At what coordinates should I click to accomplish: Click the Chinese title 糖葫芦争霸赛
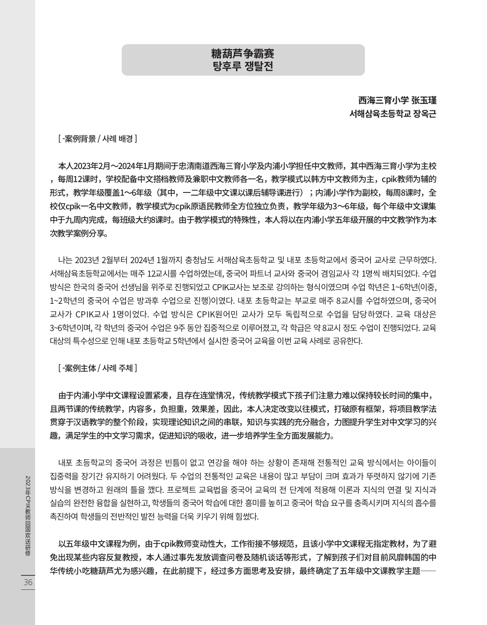tap(243, 53)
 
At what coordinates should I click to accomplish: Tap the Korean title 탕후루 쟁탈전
tap(243, 66)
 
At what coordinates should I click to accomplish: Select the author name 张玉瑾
tap(423, 100)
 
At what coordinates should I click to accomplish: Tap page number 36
tap(28, 582)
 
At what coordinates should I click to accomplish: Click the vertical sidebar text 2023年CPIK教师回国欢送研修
tap(28, 515)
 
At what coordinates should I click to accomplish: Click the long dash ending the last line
tap(429, 571)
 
